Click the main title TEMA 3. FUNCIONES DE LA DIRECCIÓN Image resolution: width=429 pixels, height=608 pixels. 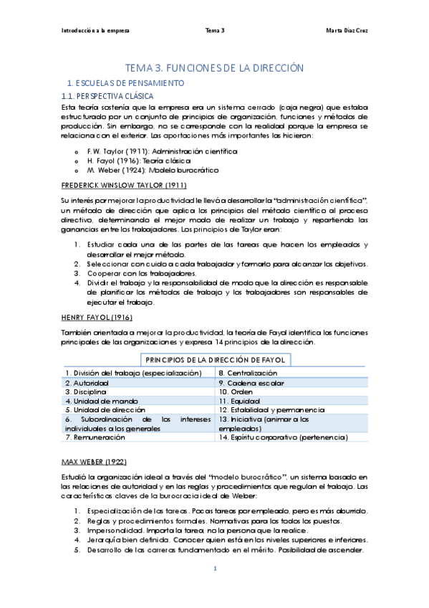(214, 67)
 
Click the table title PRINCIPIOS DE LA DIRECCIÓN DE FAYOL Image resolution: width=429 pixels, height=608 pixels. (215, 359)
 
